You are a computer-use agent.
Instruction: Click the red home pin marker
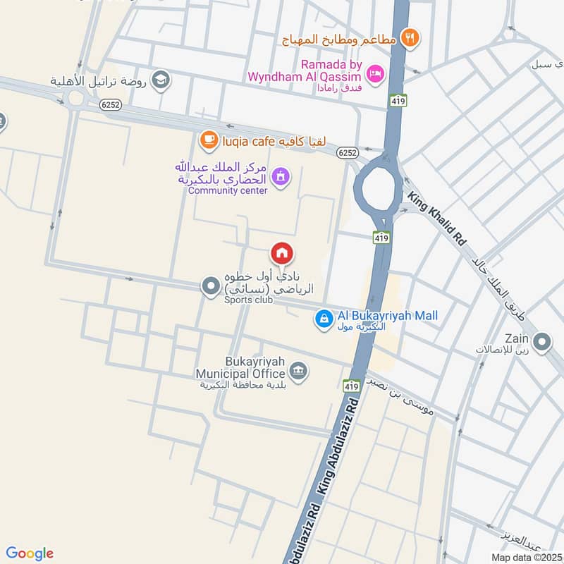[x=282, y=253]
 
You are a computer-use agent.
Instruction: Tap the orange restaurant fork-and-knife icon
[x=408, y=37]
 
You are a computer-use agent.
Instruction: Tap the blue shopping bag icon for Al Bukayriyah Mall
[x=323, y=319]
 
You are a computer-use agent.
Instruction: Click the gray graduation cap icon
[x=161, y=80]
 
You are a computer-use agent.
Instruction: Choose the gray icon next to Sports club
[x=210, y=286]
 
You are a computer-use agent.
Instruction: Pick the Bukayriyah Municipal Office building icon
[x=298, y=371]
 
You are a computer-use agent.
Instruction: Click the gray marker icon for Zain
[x=542, y=343]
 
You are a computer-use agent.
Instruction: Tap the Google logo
[x=30, y=553]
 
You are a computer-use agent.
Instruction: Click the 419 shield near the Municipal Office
[x=352, y=386]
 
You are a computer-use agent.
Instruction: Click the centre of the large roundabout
[x=378, y=189]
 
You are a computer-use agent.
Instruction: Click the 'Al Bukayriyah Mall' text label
[x=387, y=315]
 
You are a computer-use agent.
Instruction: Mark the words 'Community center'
[x=228, y=190]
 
